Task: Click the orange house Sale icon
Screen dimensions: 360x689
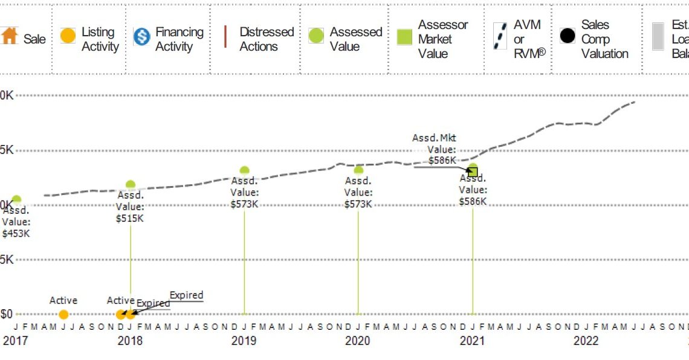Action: pos(10,36)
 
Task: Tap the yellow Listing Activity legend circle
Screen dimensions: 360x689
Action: pos(68,36)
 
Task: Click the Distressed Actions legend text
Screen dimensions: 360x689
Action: pos(267,39)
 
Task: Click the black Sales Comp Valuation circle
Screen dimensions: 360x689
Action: pos(567,36)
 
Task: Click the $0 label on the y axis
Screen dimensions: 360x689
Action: pos(7,314)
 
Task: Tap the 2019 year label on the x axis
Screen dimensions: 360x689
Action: pos(244,341)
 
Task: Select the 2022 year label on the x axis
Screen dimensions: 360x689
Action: pos(586,341)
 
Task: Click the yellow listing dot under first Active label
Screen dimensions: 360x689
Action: pos(63,314)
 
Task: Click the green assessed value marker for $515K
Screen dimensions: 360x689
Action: pos(131,184)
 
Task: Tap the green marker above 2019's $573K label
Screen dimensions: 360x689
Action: pos(244,170)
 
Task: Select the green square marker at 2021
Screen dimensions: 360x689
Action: pos(473,172)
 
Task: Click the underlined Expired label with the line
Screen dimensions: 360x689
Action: pos(186,295)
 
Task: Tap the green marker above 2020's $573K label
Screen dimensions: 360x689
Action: pos(358,170)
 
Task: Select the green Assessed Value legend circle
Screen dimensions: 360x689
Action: pos(316,36)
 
